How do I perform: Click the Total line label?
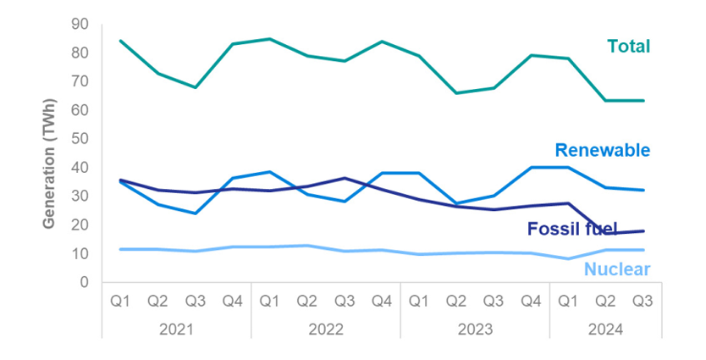628,47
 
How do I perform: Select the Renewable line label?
602,151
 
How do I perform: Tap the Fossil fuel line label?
566,228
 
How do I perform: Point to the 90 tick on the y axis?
79,24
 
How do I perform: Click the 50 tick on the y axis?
79,139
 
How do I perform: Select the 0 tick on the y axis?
83,282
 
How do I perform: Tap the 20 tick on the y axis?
79,224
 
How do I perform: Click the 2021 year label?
176,330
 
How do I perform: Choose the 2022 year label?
326,330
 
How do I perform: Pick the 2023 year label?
475,330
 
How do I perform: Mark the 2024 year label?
605,330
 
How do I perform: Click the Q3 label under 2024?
643,301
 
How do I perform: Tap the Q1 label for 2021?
120,301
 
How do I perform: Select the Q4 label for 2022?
381,301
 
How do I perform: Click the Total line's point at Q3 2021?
196,87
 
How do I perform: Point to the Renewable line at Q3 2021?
196,213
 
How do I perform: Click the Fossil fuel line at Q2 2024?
605,233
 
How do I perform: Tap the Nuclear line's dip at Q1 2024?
568,258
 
